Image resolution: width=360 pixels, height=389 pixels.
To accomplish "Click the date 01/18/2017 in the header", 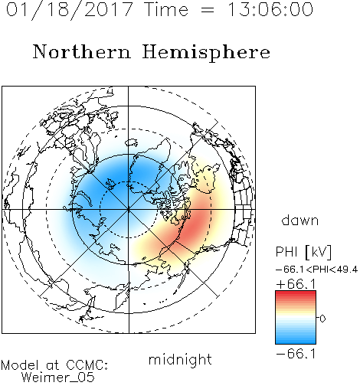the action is pos(69,10).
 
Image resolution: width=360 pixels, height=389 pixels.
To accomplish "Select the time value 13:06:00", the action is pos(270,9).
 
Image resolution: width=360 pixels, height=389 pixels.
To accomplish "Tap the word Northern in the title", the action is pos(82,51).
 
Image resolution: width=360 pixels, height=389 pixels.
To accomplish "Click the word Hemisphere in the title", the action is pos(206,53).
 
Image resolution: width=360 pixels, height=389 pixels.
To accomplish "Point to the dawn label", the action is pos(300,221).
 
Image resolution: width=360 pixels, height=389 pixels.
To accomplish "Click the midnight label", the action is pos(180,359).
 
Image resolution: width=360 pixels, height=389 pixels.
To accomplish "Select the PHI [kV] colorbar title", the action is pos(303,252).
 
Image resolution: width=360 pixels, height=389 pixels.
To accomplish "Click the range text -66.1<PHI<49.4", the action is pos(316,270).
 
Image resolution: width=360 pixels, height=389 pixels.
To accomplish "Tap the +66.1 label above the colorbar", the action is pos(296,284).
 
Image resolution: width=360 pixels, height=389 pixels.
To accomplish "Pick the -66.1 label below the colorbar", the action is pos(296,354).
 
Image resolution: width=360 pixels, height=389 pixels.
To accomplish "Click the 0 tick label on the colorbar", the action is pos(322,319).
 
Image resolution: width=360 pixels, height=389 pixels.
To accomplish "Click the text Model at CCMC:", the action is pos(54,365).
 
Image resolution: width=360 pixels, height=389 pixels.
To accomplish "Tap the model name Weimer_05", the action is pos(58,378).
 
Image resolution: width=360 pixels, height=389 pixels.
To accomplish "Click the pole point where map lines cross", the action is pos(128,210).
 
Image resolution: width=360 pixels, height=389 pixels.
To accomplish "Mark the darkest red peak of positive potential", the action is pos(195,224).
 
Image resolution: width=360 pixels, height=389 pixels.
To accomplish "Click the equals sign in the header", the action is pos(207,10).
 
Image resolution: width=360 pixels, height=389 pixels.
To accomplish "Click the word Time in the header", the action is pos(166,9).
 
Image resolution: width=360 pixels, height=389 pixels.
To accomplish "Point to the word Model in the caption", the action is pos(20,365).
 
